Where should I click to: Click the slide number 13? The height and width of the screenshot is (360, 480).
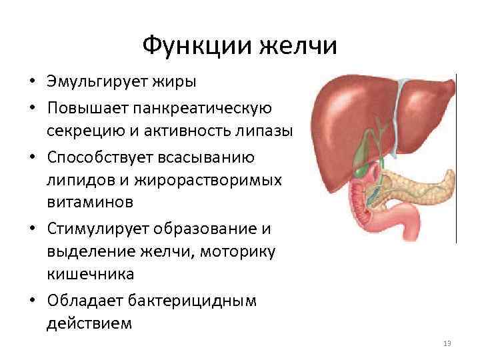click(x=447, y=343)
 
